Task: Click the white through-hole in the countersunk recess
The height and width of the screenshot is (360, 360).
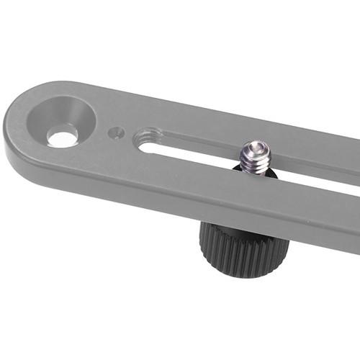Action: pos(63,135)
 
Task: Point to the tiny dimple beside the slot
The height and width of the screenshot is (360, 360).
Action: pos(116,132)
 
